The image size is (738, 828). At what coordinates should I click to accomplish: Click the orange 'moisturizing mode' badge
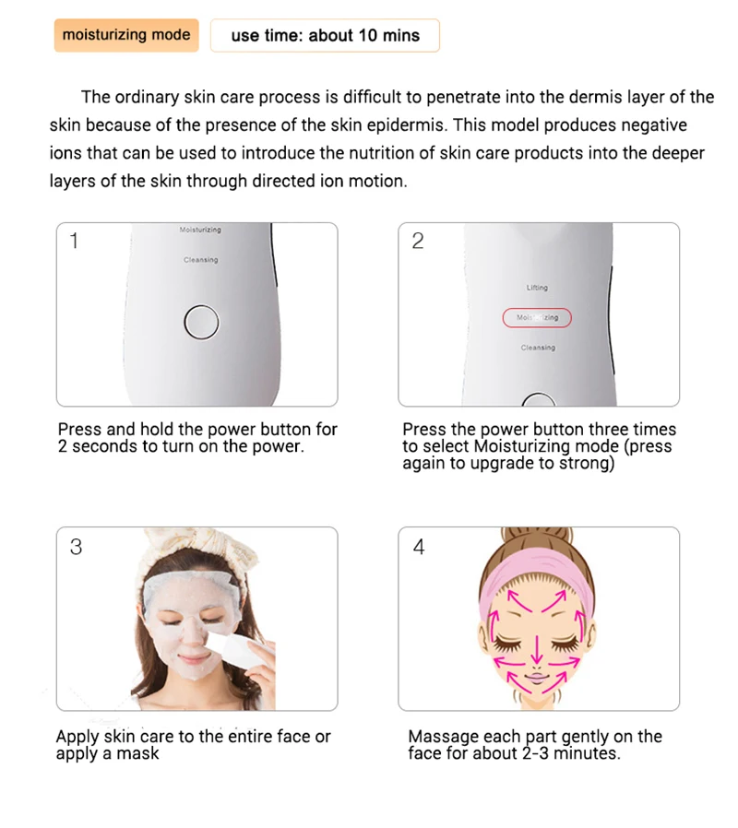pos(126,35)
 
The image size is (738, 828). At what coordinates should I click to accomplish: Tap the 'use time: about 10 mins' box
pos(325,35)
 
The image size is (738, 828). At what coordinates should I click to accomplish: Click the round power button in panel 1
pos(201,322)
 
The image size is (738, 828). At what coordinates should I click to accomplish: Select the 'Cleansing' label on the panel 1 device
pos(201,260)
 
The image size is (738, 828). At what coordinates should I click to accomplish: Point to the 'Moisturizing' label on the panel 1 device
pos(200,230)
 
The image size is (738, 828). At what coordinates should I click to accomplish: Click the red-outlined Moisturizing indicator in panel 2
pos(537,317)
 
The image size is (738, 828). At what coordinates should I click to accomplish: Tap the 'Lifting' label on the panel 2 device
pos(537,288)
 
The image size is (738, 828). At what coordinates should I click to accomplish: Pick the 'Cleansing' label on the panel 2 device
pos(538,348)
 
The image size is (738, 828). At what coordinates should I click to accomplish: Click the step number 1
pos(74,241)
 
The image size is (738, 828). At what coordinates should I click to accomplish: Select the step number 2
pos(418,241)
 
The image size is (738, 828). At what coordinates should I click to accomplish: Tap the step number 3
pos(76,547)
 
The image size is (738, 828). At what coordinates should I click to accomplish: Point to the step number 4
pos(419,547)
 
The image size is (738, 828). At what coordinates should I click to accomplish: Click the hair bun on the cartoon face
pos(537,538)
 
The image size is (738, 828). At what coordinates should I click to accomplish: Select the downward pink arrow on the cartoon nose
pos(537,649)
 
